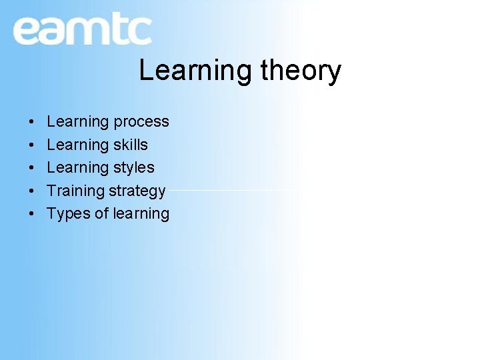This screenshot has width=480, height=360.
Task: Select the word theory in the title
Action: (301, 71)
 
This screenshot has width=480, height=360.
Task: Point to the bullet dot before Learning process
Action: (31, 123)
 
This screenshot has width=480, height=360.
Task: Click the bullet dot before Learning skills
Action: (31, 145)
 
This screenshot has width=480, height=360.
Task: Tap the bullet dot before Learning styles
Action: (31, 168)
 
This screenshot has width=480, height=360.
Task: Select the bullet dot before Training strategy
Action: (31, 191)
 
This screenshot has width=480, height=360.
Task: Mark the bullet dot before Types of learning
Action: (31, 214)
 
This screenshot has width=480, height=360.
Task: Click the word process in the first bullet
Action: (141, 123)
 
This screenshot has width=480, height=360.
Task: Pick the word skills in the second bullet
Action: (131, 145)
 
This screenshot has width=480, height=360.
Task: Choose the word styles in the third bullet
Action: (134, 168)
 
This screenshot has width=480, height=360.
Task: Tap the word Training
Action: (75, 191)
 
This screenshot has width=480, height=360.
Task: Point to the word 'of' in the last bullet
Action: (101, 213)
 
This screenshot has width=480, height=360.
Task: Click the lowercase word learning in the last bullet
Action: (141, 214)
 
